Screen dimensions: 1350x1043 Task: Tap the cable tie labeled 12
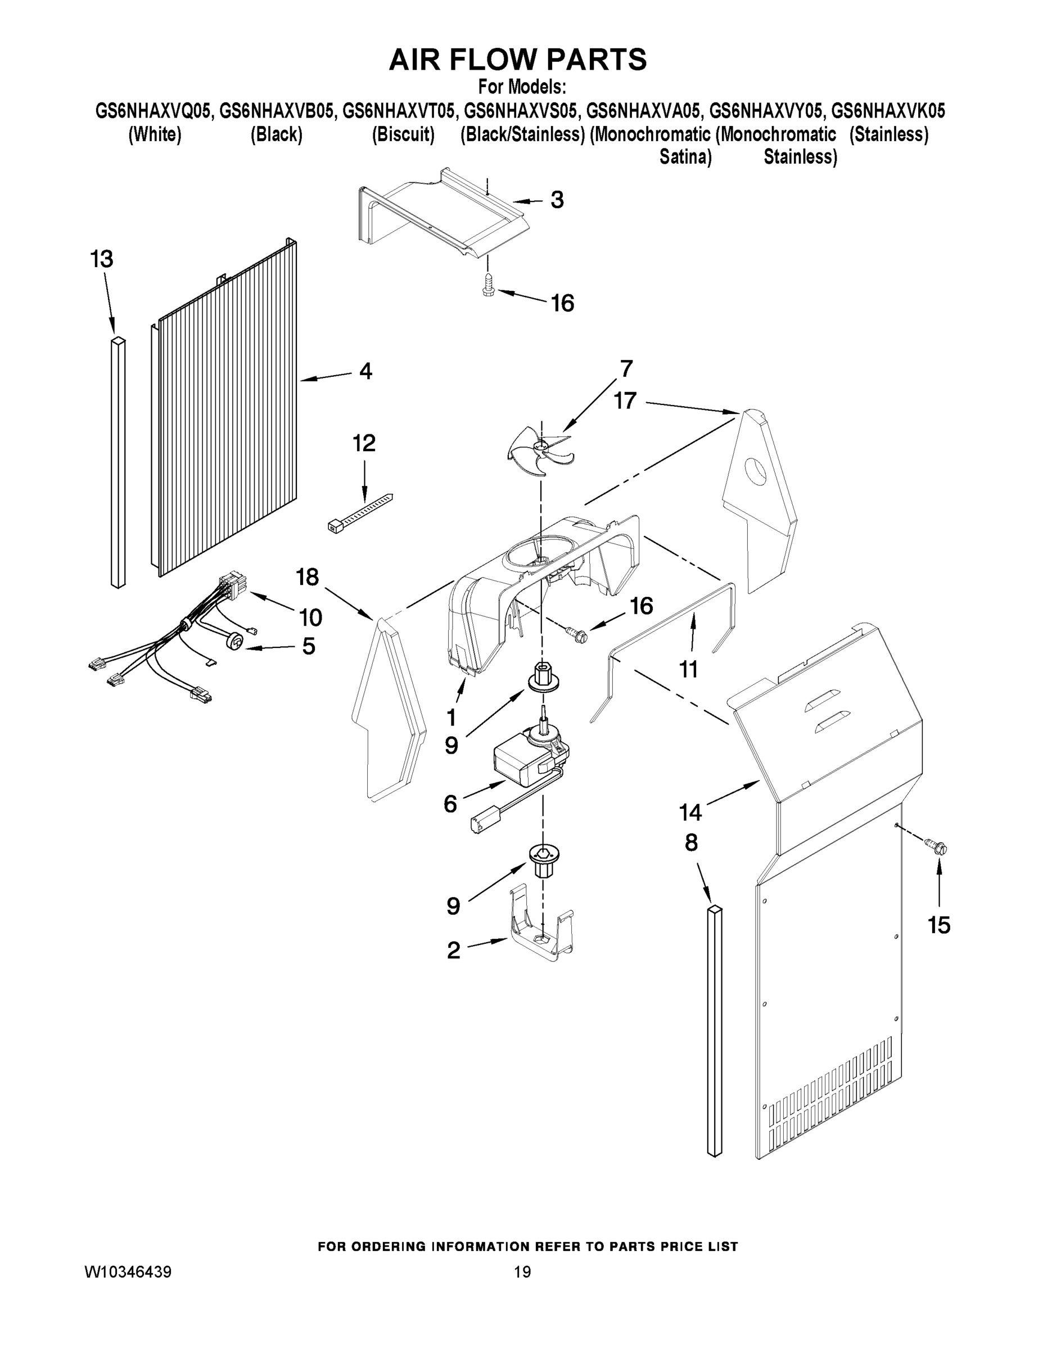(360, 512)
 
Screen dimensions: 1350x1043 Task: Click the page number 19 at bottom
(522, 1272)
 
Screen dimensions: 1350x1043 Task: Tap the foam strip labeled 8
(714, 1029)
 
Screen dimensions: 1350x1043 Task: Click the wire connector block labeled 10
(231, 584)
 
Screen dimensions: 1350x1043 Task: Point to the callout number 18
(307, 577)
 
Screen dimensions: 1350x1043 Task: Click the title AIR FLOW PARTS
(518, 60)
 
